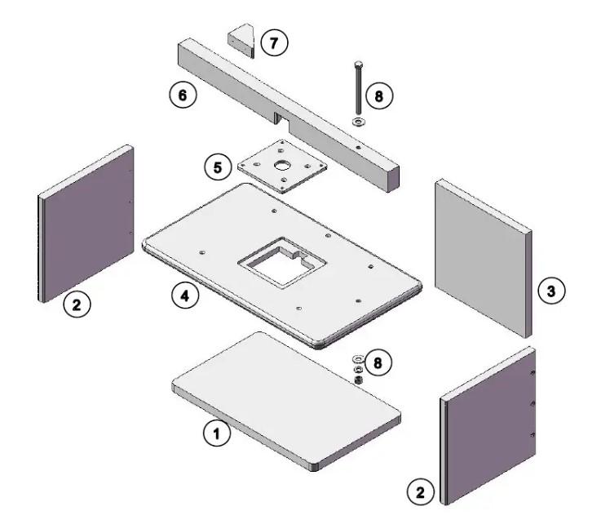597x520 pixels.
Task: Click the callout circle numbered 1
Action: tap(216, 435)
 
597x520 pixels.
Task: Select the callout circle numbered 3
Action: tap(553, 291)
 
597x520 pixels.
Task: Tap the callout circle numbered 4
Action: tap(184, 296)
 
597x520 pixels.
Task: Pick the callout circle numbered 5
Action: tap(217, 167)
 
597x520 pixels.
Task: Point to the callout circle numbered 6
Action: tap(182, 96)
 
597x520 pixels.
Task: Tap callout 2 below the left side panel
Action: tap(77, 306)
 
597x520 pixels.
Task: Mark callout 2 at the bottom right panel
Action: tap(419, 492)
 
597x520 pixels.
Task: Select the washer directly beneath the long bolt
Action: tap(358, 122)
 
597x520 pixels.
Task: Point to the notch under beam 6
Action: tap(280, 119)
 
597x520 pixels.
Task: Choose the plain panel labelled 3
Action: tap(481, 257)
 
